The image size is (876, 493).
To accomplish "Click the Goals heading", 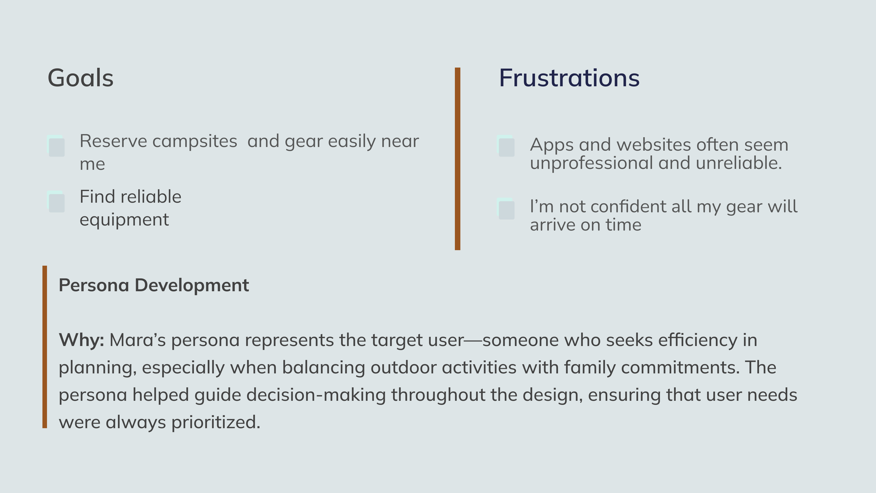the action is coord(81,78).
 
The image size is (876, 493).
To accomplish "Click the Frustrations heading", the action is coord(569,78).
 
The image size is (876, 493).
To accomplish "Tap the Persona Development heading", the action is coord(154,285).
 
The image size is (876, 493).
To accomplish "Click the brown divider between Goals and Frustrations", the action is coord(457,159).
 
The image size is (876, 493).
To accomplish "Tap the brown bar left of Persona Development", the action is coord(44,347).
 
